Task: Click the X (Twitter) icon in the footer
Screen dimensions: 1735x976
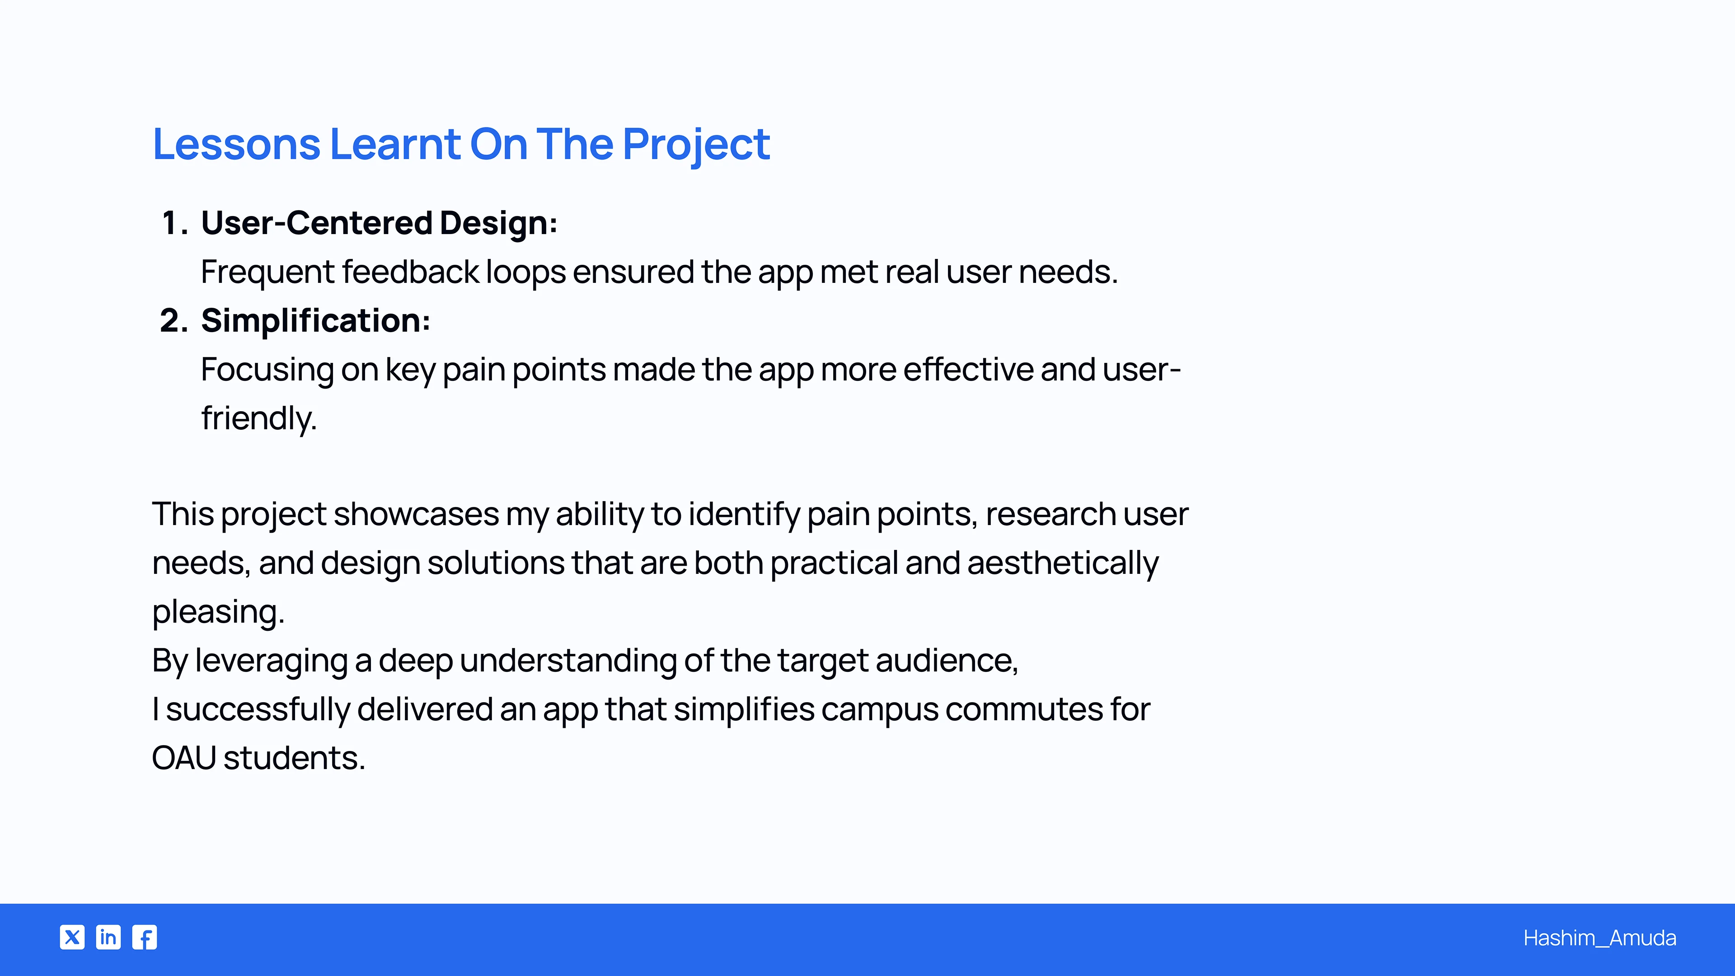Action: coord(72,937)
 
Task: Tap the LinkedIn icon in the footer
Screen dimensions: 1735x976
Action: coord(108,937)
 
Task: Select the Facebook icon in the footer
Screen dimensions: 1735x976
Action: coord(145,937)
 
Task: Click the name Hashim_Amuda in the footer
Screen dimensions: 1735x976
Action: coord(1599,938)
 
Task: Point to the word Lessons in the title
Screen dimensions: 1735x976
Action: coord(236,144)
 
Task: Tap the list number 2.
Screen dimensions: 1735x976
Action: coord(174,321)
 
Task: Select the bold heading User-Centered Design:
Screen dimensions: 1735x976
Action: coord(379,223)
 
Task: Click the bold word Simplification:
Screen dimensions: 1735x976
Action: coord(315,321)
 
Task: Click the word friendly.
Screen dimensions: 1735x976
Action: coord(258,418)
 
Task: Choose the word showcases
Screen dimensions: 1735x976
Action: coord(416,514)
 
